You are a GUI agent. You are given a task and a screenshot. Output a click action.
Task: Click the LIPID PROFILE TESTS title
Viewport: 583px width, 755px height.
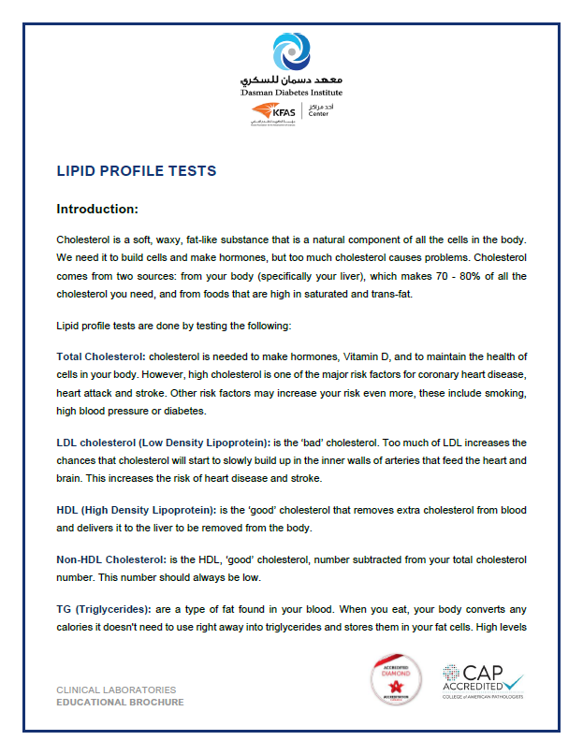[136, 171]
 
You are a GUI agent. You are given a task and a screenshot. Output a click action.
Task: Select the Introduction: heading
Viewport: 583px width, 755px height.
[97, 209]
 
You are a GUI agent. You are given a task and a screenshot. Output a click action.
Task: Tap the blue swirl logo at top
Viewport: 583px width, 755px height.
[291, 51]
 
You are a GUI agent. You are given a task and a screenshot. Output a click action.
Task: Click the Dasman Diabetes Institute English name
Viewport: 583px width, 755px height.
[291, 93]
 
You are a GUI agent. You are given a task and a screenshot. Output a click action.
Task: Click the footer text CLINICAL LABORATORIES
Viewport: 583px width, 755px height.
[117, 690]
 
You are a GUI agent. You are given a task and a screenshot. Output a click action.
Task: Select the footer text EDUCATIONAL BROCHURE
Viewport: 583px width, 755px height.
[120, 702]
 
